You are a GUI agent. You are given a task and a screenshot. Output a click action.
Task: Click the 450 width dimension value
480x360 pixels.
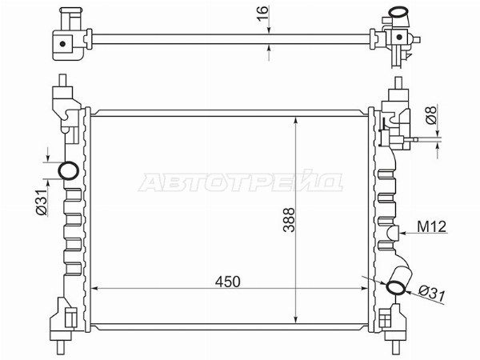tap(227, 282)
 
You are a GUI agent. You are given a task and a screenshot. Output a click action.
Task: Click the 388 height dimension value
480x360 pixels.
tap(289, 220)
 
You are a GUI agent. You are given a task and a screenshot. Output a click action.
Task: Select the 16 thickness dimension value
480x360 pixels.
tap(262, 14)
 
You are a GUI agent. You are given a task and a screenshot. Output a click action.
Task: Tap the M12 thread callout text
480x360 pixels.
tap(432, 227)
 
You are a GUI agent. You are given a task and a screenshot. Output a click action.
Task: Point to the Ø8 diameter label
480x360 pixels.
tap(431, 115)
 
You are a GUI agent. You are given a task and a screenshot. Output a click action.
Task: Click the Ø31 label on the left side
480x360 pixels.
tap(42, 202)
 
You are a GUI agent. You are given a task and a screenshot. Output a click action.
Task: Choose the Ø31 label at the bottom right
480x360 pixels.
tap(432, 294)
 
